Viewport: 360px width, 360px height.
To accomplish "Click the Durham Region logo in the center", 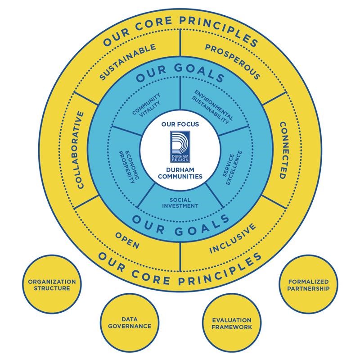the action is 180,146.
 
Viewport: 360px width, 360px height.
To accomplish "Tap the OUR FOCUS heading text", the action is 180,124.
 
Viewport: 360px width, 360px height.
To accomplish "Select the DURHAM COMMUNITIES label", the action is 180,173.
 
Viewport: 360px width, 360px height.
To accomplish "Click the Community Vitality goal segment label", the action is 147,105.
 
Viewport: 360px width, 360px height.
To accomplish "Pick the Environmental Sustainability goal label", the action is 212,107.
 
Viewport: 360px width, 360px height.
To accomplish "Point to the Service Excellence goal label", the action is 232,167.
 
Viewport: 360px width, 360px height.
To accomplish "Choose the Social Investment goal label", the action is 180,203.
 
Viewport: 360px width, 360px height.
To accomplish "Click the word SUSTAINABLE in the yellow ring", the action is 128,62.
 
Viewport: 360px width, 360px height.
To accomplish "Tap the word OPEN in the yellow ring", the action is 127,240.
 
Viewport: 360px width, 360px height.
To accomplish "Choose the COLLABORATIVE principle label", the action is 78,150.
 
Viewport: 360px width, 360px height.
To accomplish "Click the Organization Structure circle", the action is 52,284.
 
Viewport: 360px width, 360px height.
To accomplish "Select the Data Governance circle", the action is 130,323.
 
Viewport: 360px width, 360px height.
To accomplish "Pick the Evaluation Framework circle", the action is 232,323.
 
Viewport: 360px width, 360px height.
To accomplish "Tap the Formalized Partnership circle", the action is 308,284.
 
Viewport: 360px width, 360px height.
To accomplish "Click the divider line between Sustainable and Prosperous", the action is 180,43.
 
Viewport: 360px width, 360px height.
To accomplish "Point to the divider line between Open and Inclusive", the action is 180,257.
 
